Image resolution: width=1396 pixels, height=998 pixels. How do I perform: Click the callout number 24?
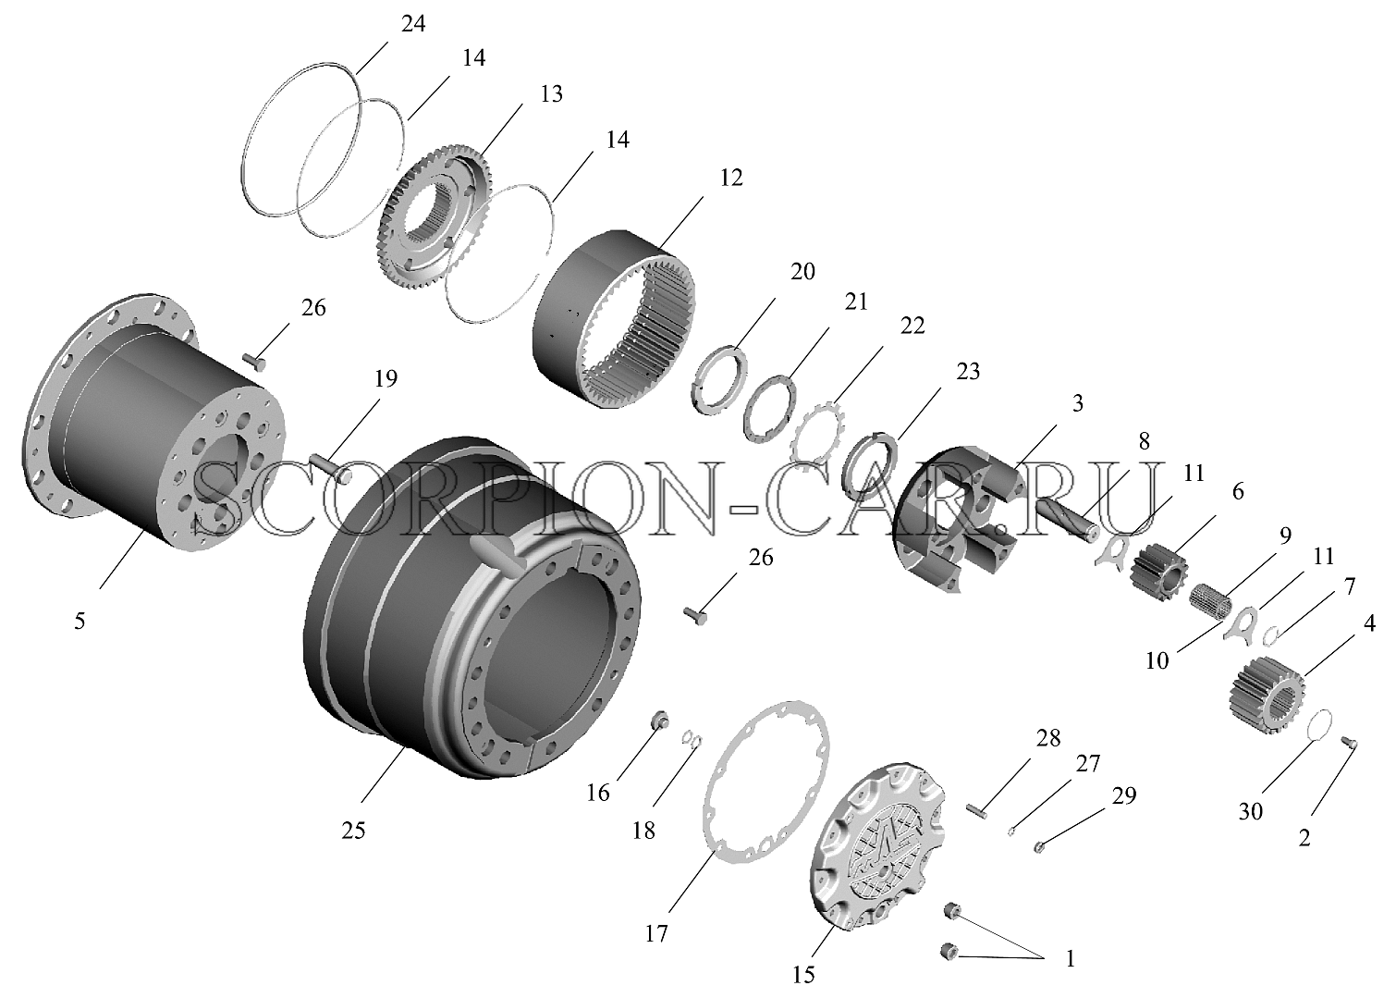413,24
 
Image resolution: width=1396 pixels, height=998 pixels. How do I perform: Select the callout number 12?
731,178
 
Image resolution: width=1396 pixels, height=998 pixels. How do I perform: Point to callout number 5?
80,621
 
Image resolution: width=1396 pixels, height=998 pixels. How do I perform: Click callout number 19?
386,378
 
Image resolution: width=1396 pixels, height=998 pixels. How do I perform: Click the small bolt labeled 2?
1350,742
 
